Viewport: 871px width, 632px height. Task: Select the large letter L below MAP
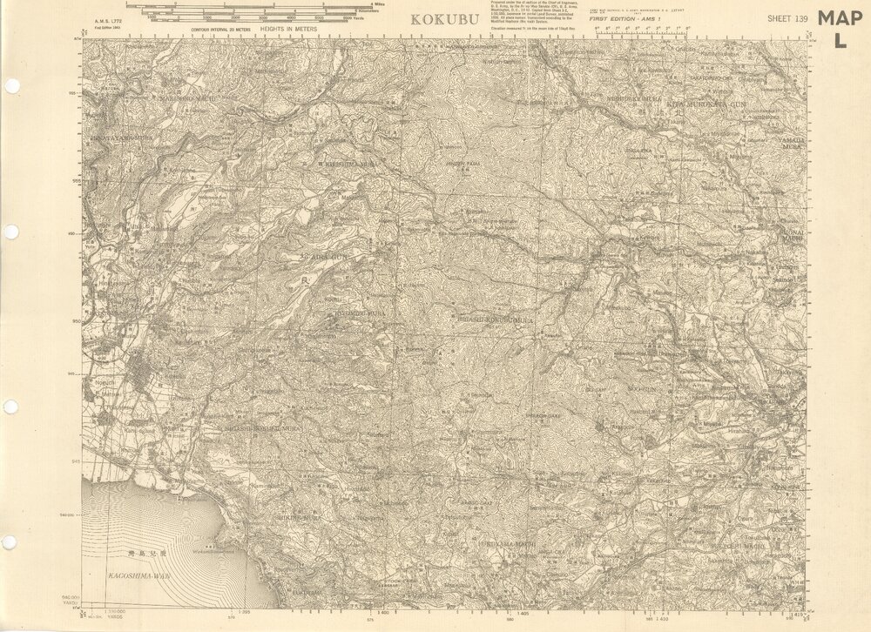click(x=840, y=40)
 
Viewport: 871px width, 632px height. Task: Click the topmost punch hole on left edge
click(x=10, y=86)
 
